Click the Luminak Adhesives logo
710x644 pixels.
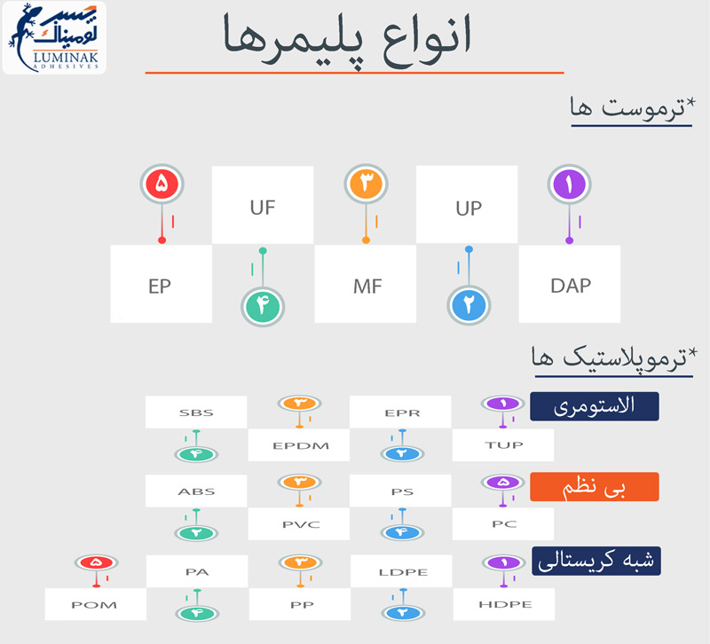pyautogui.click(x=54, y=37)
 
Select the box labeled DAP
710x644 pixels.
pyautogui.click(x=570, y=284)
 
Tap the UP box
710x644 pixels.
pyautogui.click(x=467, y=205)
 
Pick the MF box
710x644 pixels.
pyautogui.click(x=366, y=284)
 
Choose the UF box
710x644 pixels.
pyautogui.click(x=263, y=205)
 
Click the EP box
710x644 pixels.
pyautogui.click(x=162, y=284)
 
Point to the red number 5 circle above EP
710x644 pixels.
pyautogui.click(x=162, y=184)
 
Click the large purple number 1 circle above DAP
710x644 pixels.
pyautogui.click(x=569, y=185)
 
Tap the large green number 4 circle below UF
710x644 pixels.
pyautogui.click(x=263, y=306)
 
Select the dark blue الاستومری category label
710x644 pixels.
pyautogui.click(x=595, y=406)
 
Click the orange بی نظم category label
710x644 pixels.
pyautogui.click(x=595, y=487)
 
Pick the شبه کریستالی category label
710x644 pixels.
pyautogui.click(x=596, y=562)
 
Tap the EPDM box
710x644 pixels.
pyautogui.click(x=299, y=445)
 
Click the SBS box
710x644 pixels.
pyautogui.click(x=196, y=412)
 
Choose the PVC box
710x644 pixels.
pyautogui.click(x=299, y=524)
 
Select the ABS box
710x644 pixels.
pyautogui.click(x=196, y=491)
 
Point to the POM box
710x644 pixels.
pyautogui.click(x=96, y=604)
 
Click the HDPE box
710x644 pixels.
pyautogui.click(x=504, y=604)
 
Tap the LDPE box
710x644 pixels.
pyautogui.click(x=401, y=571)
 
